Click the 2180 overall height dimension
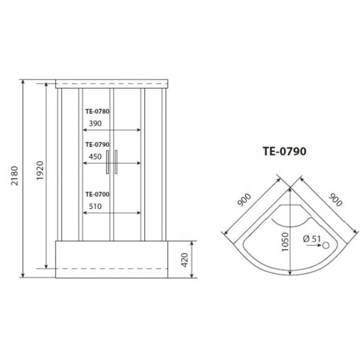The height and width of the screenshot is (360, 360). point(14,176)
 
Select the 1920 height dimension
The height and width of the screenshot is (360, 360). point(40,170)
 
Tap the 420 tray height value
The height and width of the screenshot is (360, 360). point(185,260)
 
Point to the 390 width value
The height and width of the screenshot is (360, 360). point(96,123)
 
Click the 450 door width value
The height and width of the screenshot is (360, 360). point(96,156)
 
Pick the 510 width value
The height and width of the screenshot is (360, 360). point(96,206)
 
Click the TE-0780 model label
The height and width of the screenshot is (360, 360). point(97,111)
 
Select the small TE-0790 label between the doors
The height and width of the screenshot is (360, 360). point(97,144)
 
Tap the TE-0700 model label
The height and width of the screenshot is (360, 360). point(97,194)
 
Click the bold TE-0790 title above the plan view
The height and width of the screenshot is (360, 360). point(285,151)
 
